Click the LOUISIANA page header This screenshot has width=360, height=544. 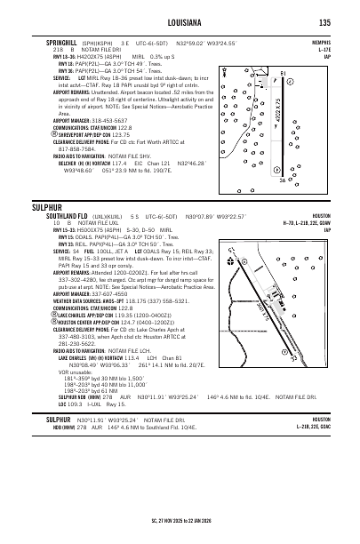[180, 22]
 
